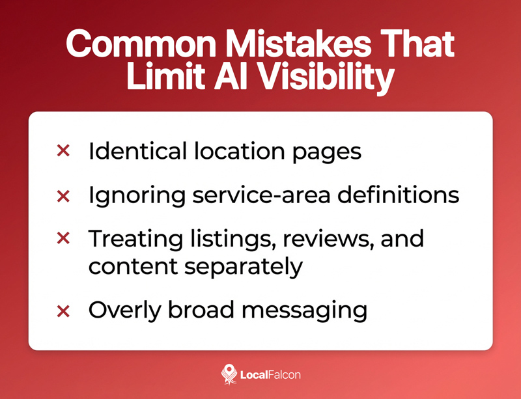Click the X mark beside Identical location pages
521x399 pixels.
pyautogui.click(x=63, y=151)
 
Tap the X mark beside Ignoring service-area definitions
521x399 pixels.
pyautogui.click(x=63, y=195)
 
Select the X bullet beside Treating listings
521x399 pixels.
pyautogui.click(x=63, y=238)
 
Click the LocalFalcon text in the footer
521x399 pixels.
pyautogui.click(x=270, y=374)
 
